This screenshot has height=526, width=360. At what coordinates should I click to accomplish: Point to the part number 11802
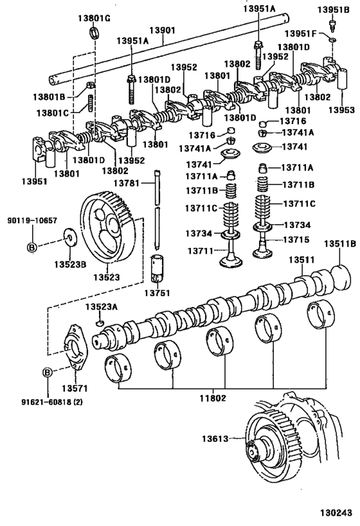[x=212, y=398]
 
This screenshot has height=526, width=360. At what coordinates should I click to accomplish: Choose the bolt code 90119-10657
[x=32, y=220]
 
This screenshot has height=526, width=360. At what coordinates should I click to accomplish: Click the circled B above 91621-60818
[x=47, y=372]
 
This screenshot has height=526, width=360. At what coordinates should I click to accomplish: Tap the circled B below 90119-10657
[x=32, y=246]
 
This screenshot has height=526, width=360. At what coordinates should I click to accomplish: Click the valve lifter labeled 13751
[x=156, y=268]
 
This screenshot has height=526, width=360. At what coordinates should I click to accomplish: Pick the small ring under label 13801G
[x=94, y=33]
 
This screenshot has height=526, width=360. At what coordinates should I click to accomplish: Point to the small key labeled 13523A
[x=100, y=322]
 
